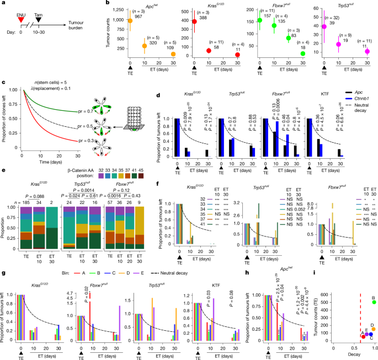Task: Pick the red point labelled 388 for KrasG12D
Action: pos(195,22)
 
